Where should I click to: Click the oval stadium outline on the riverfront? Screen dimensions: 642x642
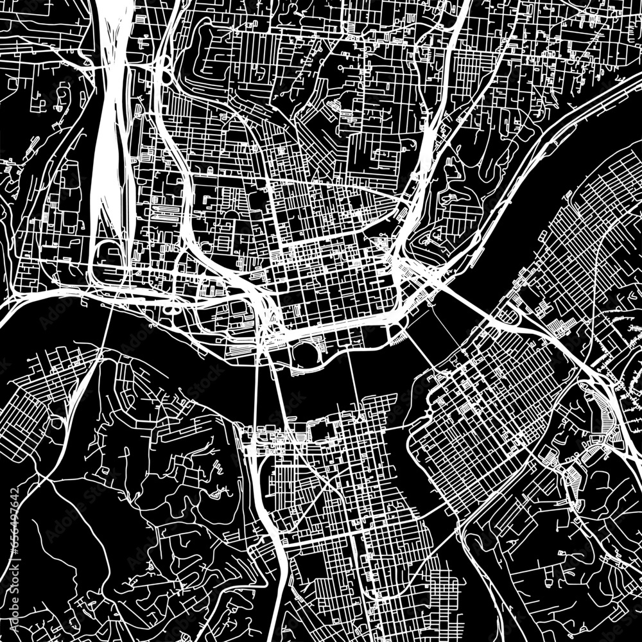click(305, 352)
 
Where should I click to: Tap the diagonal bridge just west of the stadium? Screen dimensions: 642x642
click(277, 379)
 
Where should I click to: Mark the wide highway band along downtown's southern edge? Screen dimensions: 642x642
click(334, 331)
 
